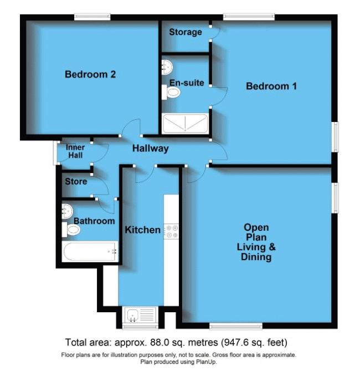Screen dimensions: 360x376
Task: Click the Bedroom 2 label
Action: pos(90,74)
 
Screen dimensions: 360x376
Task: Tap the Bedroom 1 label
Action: pos(271,86)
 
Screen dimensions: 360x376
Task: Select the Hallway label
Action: pos(151,149)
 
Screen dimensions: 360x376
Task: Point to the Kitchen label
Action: pos(142,230)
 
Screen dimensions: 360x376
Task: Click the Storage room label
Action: pos(186,32)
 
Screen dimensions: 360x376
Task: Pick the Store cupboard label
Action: pos(76,181)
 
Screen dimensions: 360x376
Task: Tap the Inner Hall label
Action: pos(75,151)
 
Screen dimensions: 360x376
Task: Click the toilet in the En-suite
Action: pos(171,92)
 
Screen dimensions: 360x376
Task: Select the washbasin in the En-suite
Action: pos(167,67)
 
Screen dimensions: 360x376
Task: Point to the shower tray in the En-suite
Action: pos(185,124)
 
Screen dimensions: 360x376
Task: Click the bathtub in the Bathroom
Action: pos(90,251)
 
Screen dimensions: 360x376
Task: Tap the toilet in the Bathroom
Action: pos(71,230)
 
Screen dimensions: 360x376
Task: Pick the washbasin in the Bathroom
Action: pos(67,211)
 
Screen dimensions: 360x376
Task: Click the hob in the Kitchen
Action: pos(171,231)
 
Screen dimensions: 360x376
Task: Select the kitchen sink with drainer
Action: pos(141,315)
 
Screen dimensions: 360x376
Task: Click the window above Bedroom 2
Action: pos(92,17)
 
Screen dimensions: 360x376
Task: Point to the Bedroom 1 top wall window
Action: pos(249,17)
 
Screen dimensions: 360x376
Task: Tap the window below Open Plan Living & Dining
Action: pos(236,326)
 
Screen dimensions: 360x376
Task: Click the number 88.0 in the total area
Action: pos(158,342)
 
